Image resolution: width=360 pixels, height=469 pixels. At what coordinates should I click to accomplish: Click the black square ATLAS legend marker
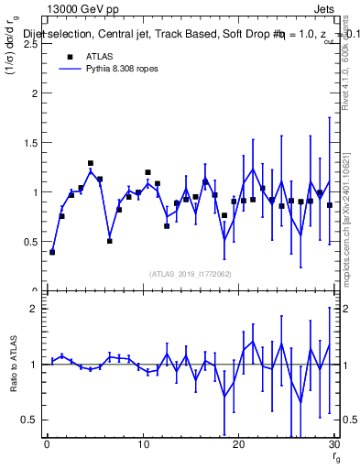(69, 58)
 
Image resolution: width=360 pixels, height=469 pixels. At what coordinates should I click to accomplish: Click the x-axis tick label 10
(142, 444)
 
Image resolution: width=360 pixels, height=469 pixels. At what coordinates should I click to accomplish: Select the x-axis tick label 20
(238, 444)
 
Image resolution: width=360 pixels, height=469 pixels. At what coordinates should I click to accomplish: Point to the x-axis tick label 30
(333, 444)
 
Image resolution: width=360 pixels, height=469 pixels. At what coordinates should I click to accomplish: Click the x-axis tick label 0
(47, 444)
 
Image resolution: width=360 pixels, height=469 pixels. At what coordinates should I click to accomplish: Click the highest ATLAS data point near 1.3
(91, 163)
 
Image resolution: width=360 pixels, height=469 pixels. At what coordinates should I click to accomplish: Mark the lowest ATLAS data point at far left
(52, 252)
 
